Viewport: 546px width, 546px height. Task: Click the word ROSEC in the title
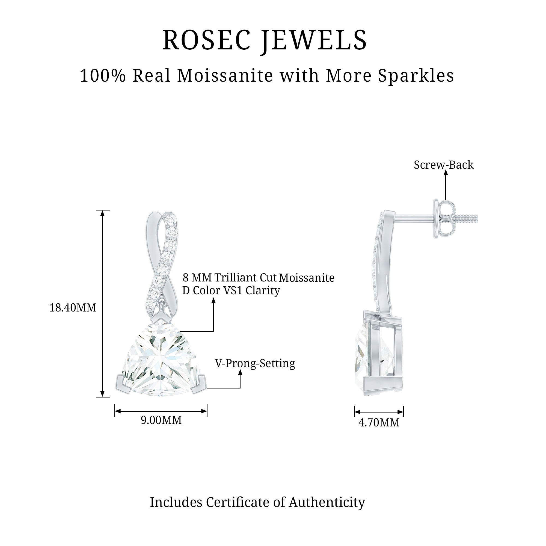207,40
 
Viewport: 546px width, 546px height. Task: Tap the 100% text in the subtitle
103,76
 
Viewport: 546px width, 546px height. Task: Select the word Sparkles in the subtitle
416,76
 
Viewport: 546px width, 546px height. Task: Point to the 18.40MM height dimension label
73,307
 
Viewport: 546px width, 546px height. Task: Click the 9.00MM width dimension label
161,420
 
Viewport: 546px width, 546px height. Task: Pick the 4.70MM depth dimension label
379,423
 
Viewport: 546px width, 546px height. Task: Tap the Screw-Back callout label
443,165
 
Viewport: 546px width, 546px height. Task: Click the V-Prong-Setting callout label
255,363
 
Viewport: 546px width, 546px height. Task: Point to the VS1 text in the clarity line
233,290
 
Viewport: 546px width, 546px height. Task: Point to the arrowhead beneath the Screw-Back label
446,173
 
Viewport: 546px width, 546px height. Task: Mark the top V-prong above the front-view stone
160,318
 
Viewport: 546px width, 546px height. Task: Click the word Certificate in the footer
238,502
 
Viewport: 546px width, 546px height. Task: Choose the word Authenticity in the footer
327,502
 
